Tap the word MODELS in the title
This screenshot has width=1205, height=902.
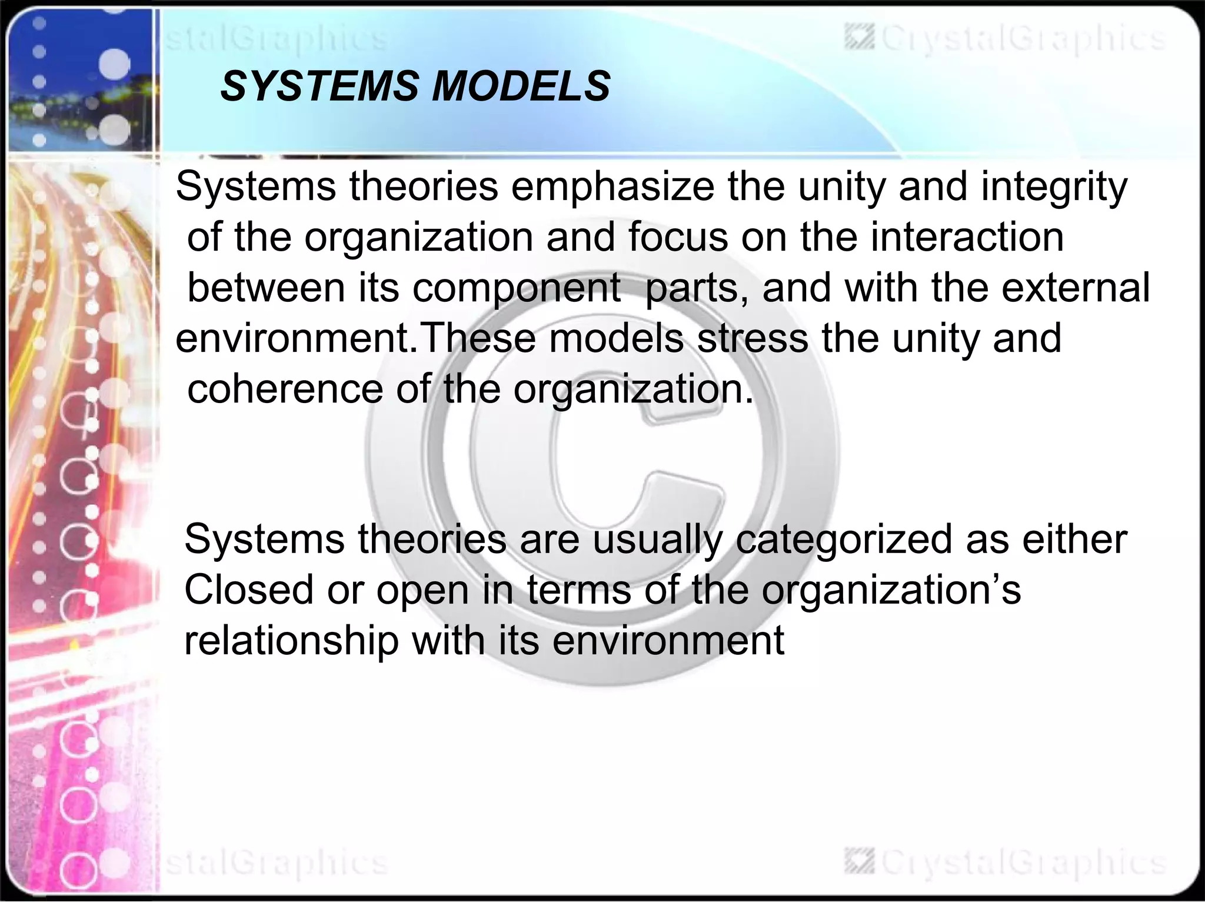click(x=521, y=86)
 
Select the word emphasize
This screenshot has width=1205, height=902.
click(x=613, y=187)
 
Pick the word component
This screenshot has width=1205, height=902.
click(x=516, y=289)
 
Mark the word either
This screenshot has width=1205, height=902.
click(x=1074, y=539)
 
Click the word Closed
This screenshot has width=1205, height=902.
click(x=249, y=590)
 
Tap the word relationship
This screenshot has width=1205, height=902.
click(x=291, y=641)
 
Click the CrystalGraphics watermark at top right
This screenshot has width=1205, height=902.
click(x=1006, y=39)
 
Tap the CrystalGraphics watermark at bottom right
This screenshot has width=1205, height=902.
click(x=1006, y=863)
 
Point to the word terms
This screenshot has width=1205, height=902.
click(x=578, y=590)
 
